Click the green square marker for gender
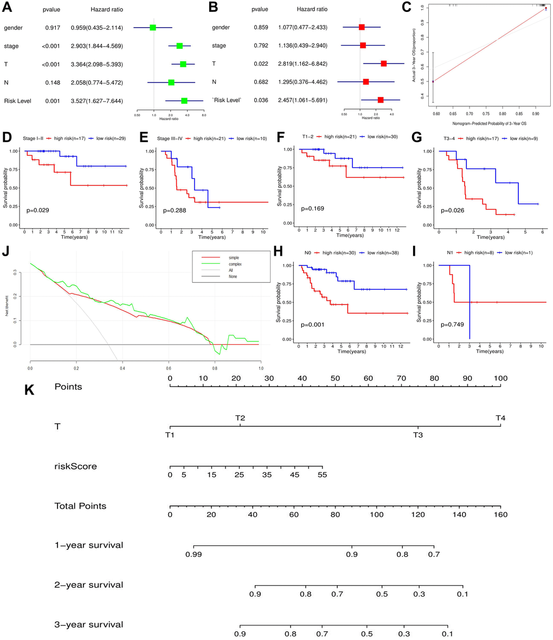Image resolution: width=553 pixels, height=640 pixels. (153, 28)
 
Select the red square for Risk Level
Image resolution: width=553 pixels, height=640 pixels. (381, 100)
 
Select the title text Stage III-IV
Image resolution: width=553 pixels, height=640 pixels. (175, 138)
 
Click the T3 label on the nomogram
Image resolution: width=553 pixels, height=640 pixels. (417, 435)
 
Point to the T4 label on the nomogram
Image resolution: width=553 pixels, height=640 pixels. (500, 418)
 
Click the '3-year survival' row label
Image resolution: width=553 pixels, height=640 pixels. (88, 624)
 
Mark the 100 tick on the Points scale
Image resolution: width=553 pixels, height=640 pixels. (500, 378)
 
